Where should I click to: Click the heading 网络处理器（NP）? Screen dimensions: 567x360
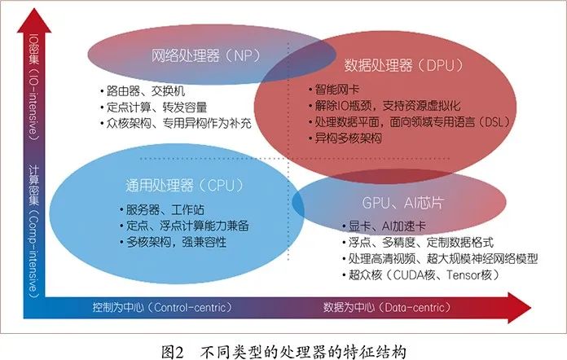(200, 56)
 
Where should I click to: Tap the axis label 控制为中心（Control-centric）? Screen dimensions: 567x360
(161, 307)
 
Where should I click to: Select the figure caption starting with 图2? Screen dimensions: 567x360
(283, 349)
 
